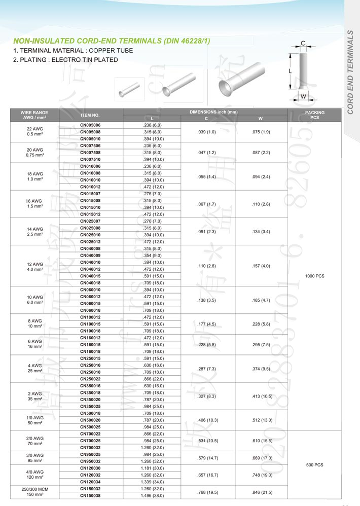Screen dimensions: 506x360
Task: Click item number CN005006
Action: pyautogui.click(x=91, y=125)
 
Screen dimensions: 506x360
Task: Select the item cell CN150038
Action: pyautogui.click(x=91, y=496)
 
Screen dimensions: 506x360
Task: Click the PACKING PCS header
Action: pyautogui.click(x=315, y=115)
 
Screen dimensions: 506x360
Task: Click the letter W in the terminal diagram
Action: pyautogui.click(x=303, y=96)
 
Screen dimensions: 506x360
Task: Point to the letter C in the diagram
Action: pyautogui.click(x=303, y=44)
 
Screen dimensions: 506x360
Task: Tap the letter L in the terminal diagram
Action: pyautogui.click(x=291, y=72)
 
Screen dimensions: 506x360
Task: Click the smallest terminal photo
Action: pyautogui.click(x=125, y=90)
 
